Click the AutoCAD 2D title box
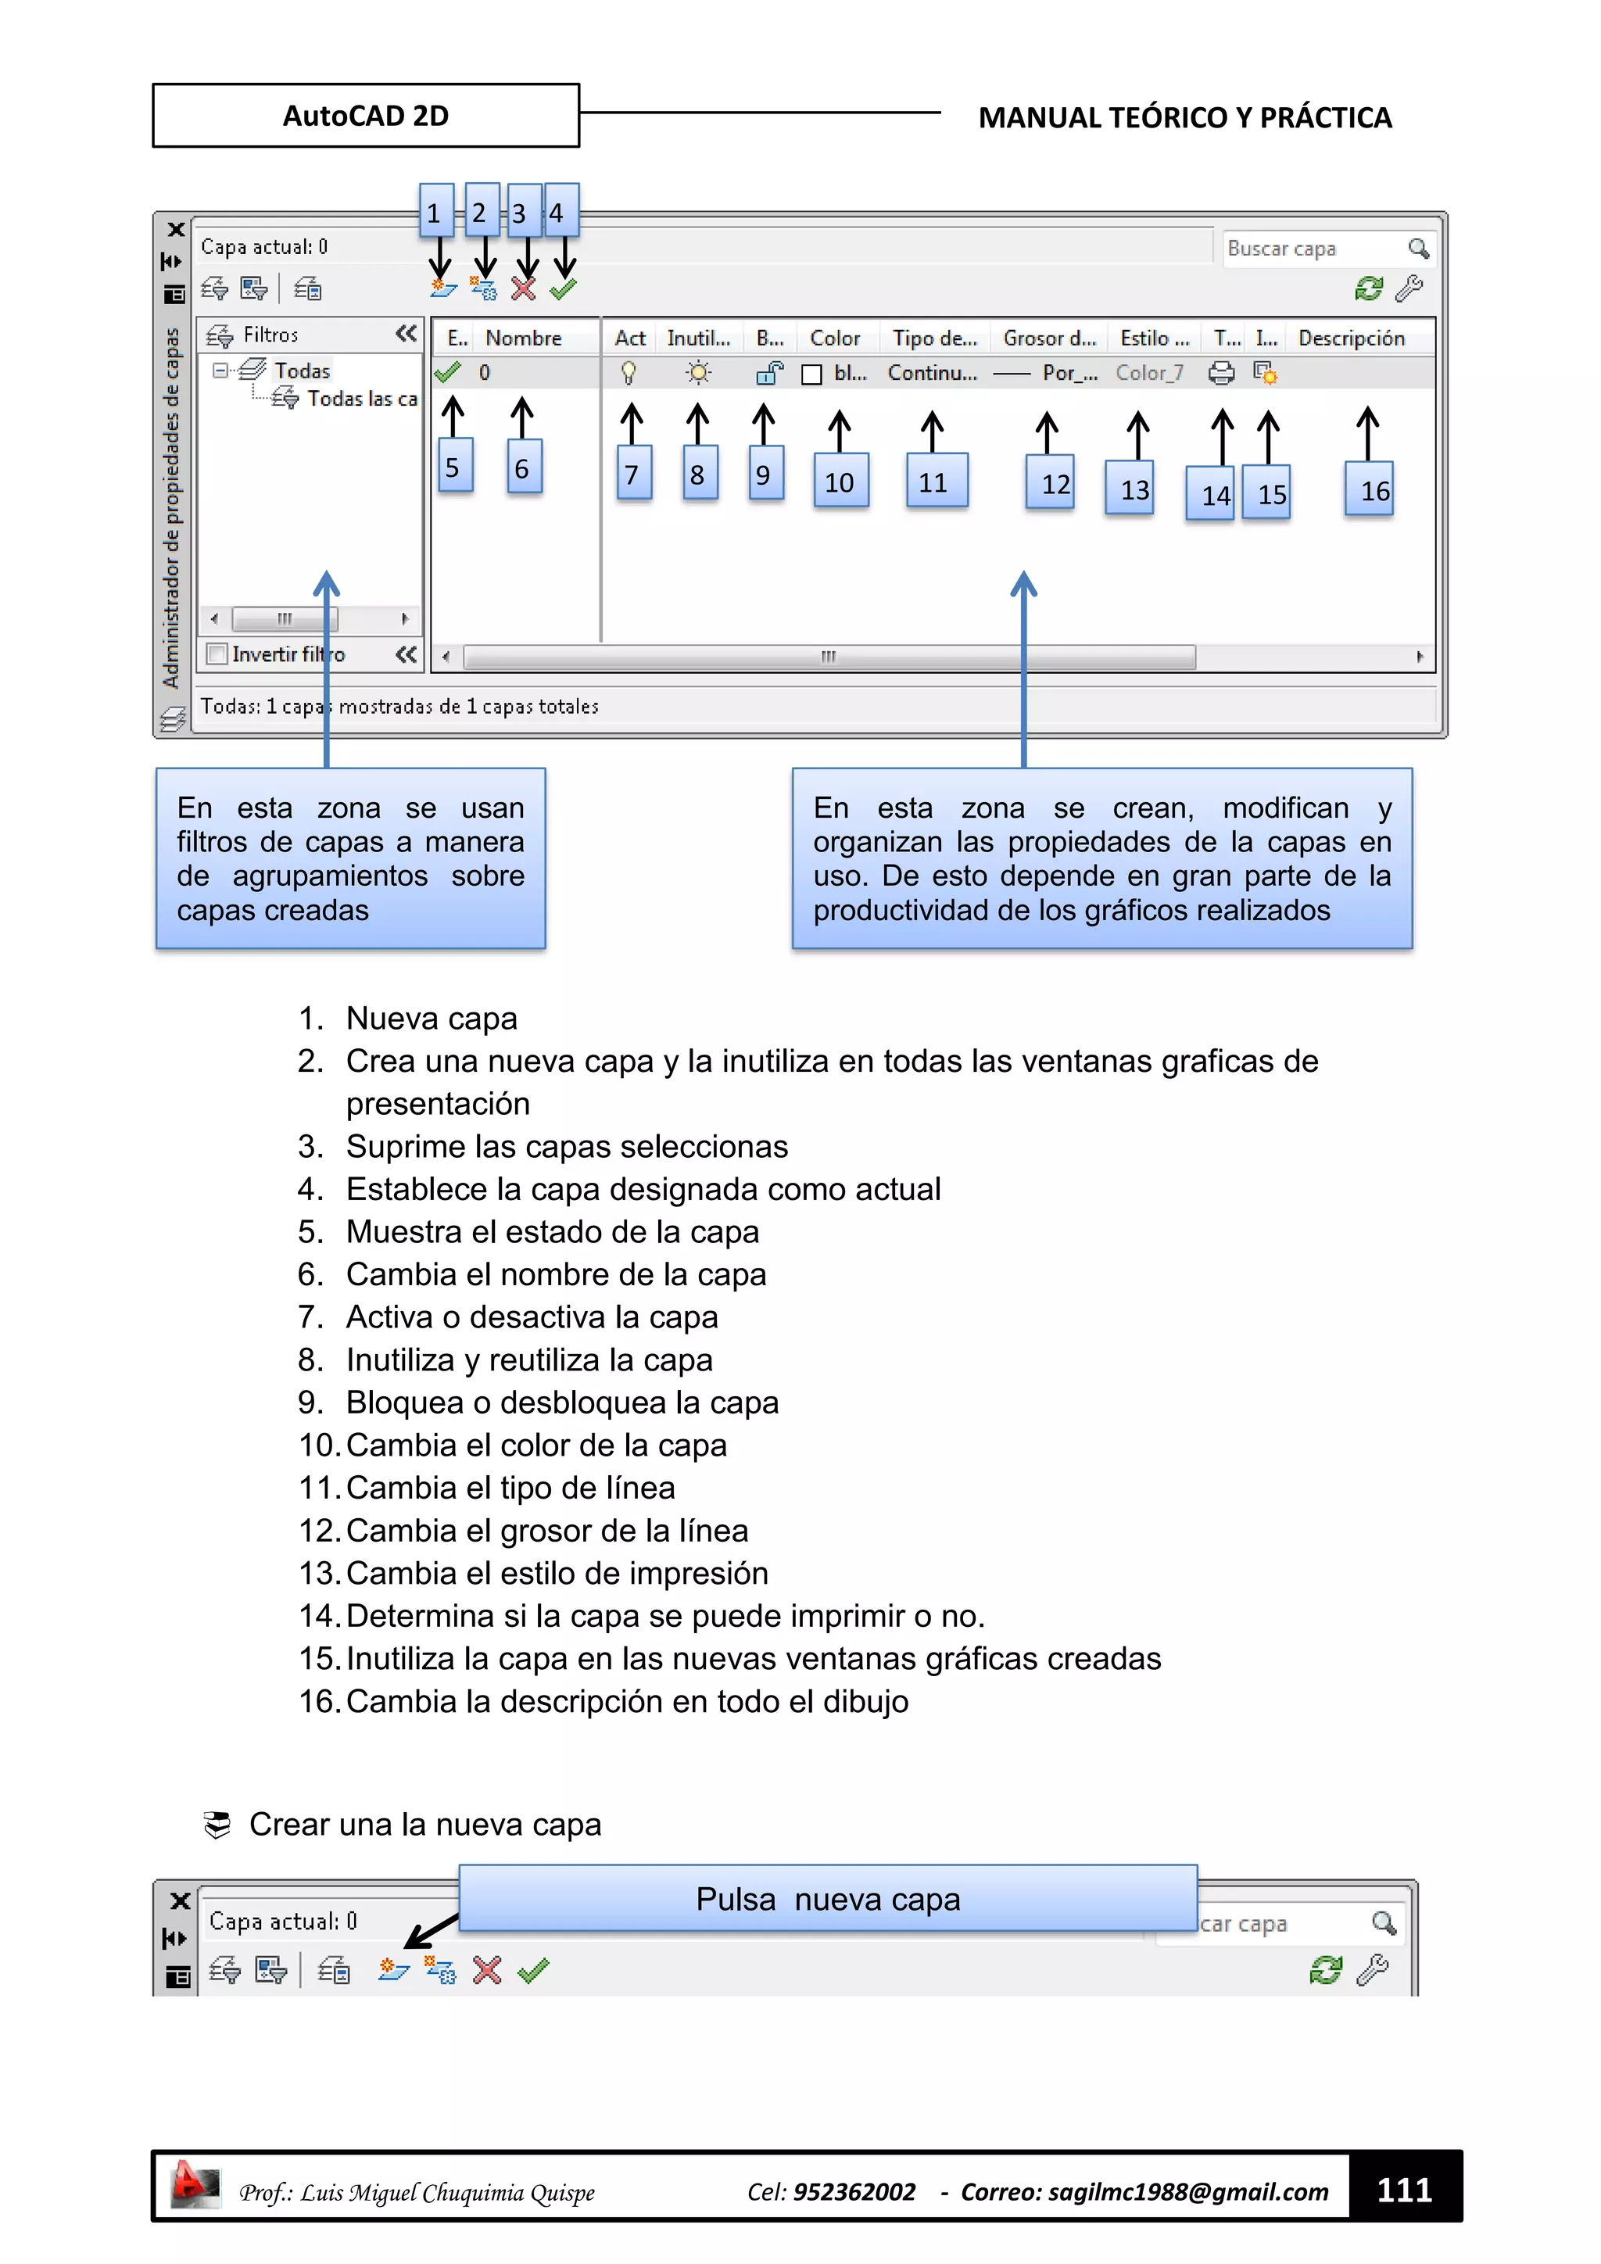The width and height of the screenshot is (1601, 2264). (x=366, y=116)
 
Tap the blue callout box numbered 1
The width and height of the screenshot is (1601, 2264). (x=435, y=211)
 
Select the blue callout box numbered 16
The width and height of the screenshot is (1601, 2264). (x=1370, y=489)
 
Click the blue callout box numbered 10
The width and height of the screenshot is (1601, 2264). (x=840, y=482)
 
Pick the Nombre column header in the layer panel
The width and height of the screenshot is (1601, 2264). (x=524, y=339)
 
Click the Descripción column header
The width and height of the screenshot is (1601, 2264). (x=1351, y=339)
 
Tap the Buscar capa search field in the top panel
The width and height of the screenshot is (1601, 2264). (x=1311, y=249)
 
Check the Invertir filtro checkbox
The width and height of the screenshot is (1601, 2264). (x=217, y=654)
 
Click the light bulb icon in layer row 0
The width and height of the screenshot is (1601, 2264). (x=628, y=373)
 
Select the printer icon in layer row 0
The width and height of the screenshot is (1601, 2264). (x=1221, y=373)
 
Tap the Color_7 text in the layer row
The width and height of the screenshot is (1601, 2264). (x=1148, y=373)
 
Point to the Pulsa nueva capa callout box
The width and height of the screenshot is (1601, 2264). (x=827, y=1898)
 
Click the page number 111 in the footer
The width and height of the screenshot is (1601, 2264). (x=1404, y=2190)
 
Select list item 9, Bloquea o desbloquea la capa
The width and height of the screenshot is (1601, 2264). (x=562, y=1402)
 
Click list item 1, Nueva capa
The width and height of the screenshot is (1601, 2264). (x=431, y=1018)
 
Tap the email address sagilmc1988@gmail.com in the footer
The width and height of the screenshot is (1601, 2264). (x=1188, y=2192)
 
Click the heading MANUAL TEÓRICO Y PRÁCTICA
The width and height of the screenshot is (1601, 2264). (x=1184, y=117)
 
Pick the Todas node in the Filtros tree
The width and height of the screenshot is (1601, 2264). (x=302, y=371)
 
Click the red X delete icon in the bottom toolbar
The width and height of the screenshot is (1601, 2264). (x=487, y=1970)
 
